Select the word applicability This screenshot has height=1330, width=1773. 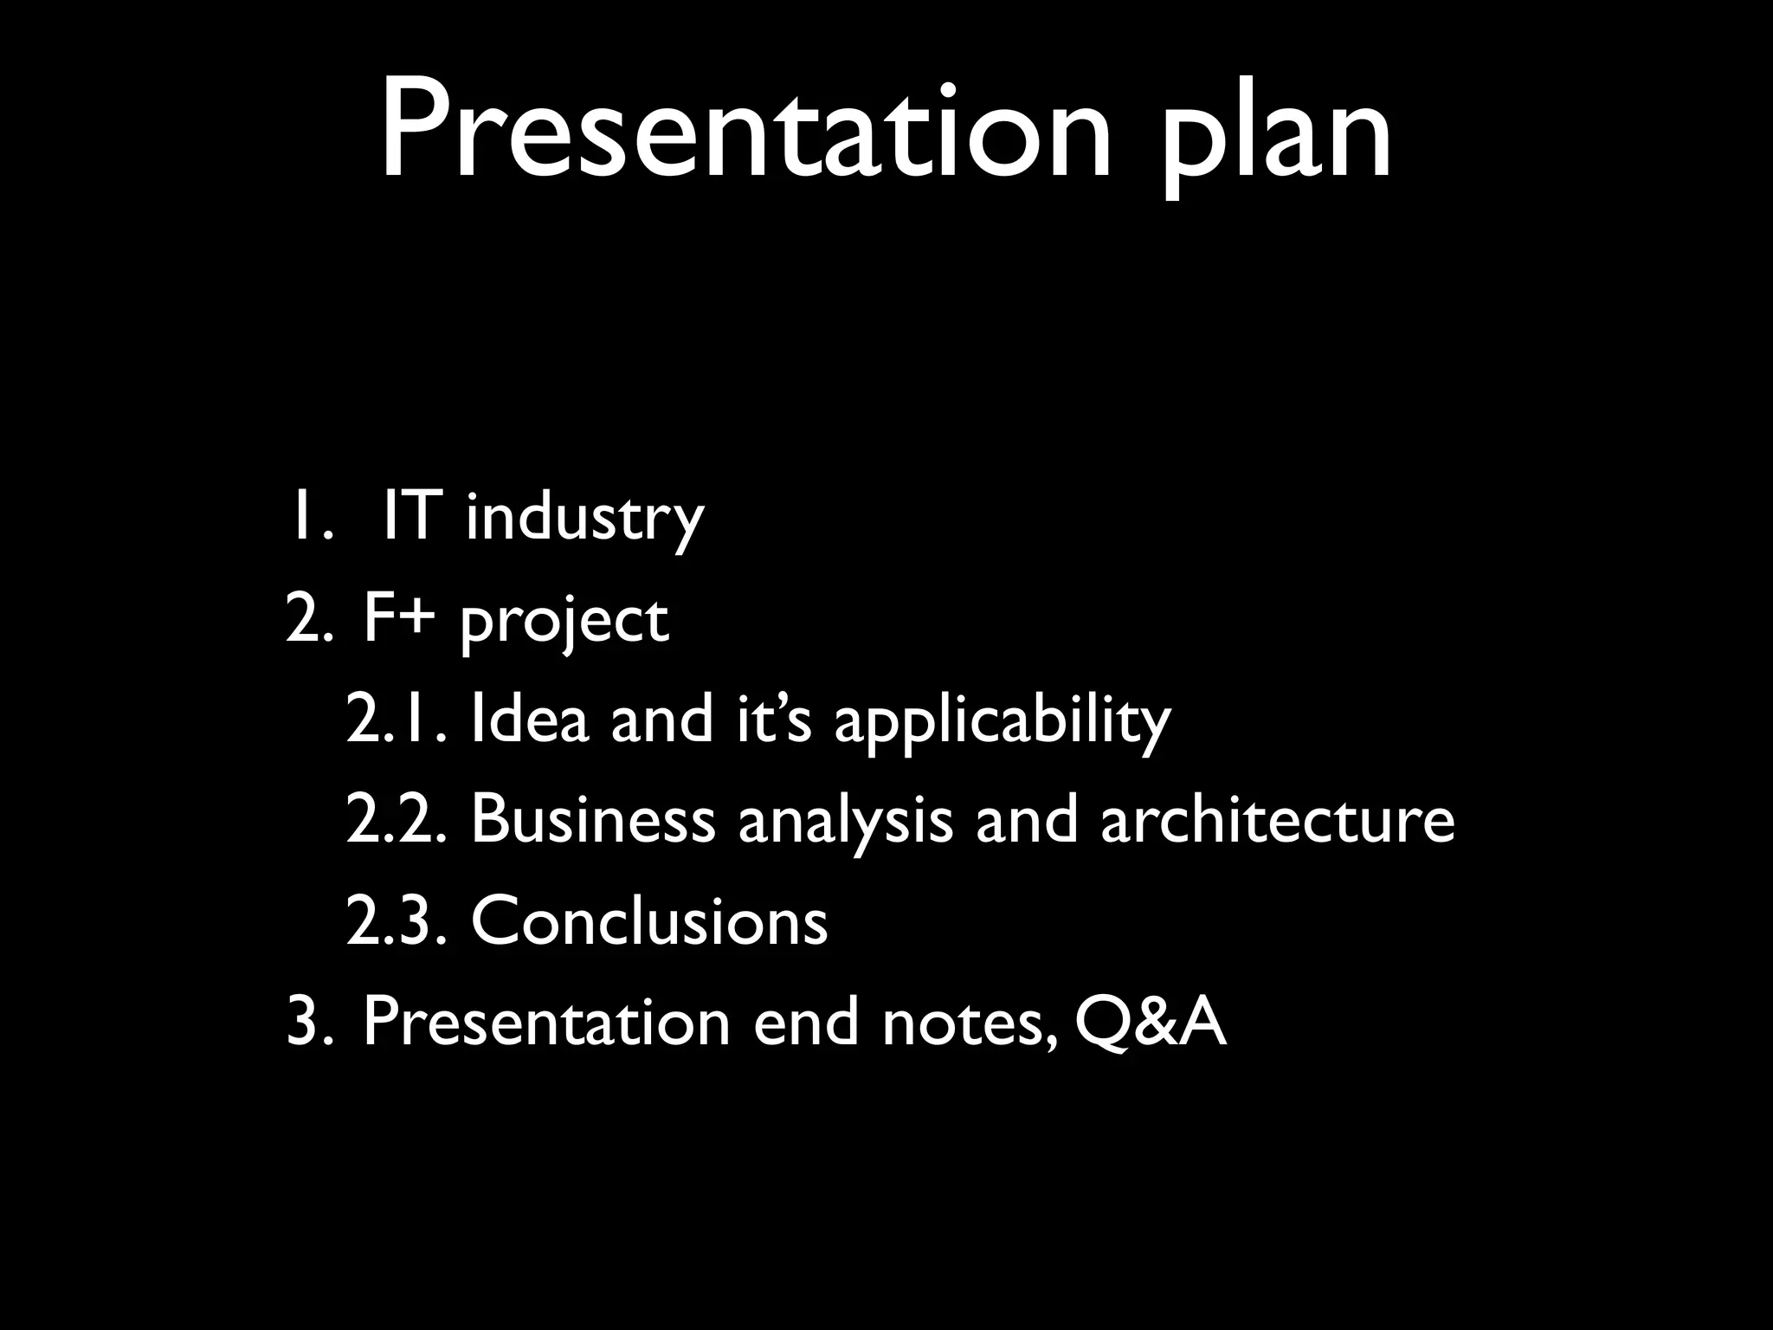point(1002,723)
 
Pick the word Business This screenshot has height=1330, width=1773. point(593,819)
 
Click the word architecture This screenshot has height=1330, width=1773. point(1277,819)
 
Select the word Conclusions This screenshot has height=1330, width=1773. point(649,920)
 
